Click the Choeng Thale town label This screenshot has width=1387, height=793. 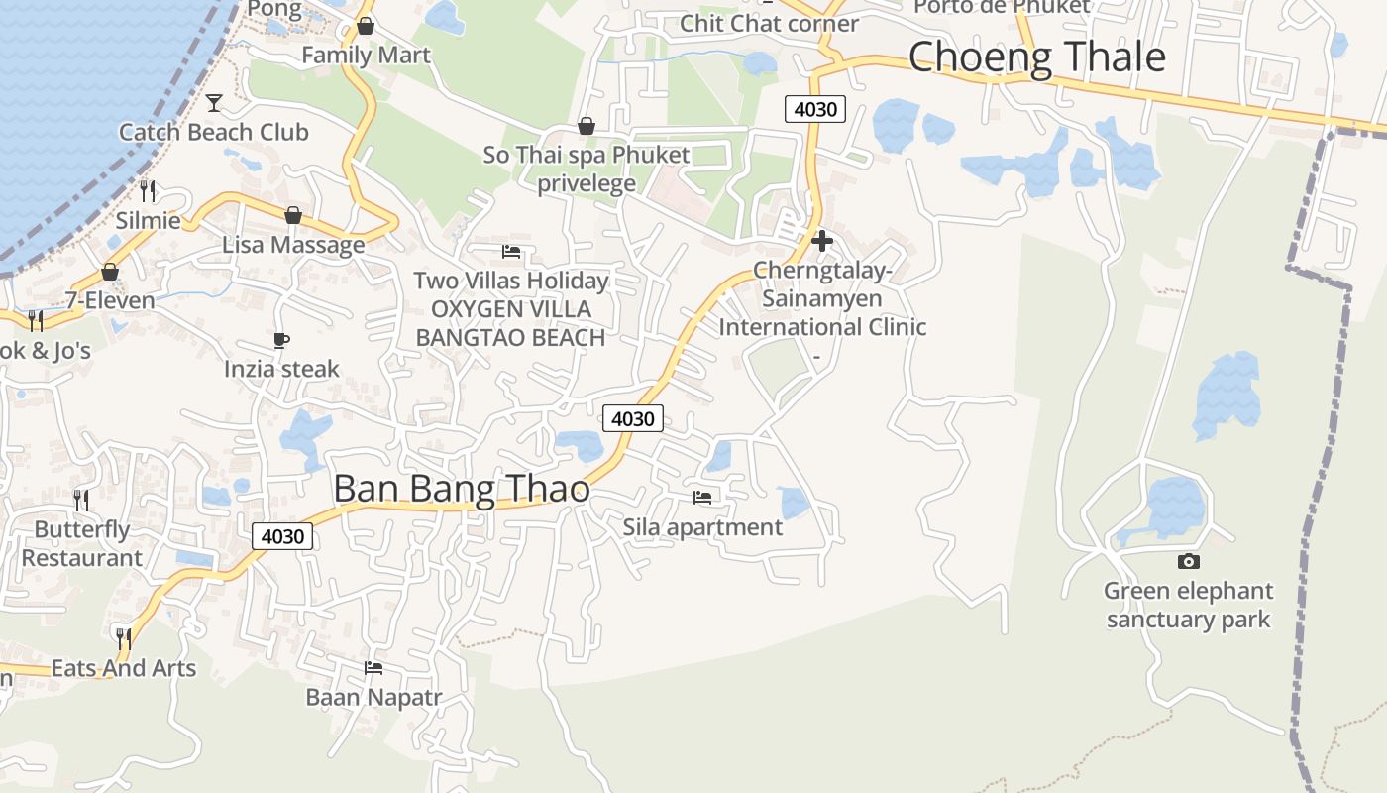coord(1036,57)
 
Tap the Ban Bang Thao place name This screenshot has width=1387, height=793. coord(462,490)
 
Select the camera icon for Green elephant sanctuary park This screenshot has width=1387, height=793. coord(1188,562)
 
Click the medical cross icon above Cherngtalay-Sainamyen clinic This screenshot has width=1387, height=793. coord(821,240)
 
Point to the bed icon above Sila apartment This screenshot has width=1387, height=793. coord(702,498)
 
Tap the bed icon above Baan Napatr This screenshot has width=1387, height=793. coord(373,668)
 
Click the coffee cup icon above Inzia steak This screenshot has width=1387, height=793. coord(281,341)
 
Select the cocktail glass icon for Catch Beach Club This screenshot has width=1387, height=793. coord(214,102)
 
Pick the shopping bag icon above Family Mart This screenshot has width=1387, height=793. coord(366,26)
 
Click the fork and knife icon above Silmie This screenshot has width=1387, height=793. coord(148,190)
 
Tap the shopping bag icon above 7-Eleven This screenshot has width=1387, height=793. coord(110,272)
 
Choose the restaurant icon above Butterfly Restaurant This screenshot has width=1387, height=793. coord(81,500)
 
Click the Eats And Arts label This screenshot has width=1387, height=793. coord(124,668)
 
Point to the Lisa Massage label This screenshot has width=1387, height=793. coord(293,245)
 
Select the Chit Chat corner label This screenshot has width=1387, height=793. coord(769,23)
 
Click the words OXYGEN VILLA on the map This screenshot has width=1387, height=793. coord(510,309)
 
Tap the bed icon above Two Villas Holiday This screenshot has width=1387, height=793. coord(511,252)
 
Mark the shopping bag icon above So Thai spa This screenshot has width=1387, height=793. coord(587,126)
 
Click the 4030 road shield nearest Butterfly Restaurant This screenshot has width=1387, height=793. coord(282,536)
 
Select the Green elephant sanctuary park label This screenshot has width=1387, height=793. coord(1188,606)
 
